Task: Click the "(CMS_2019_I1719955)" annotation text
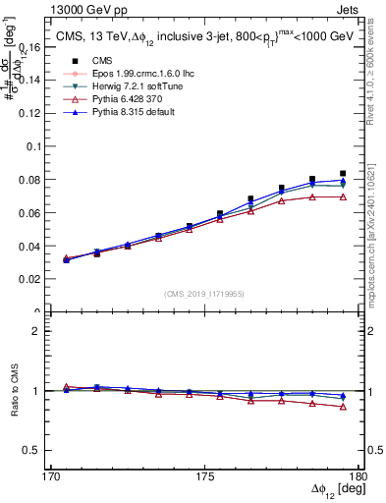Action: click(203, 294)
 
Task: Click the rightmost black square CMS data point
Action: click(343, 174)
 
